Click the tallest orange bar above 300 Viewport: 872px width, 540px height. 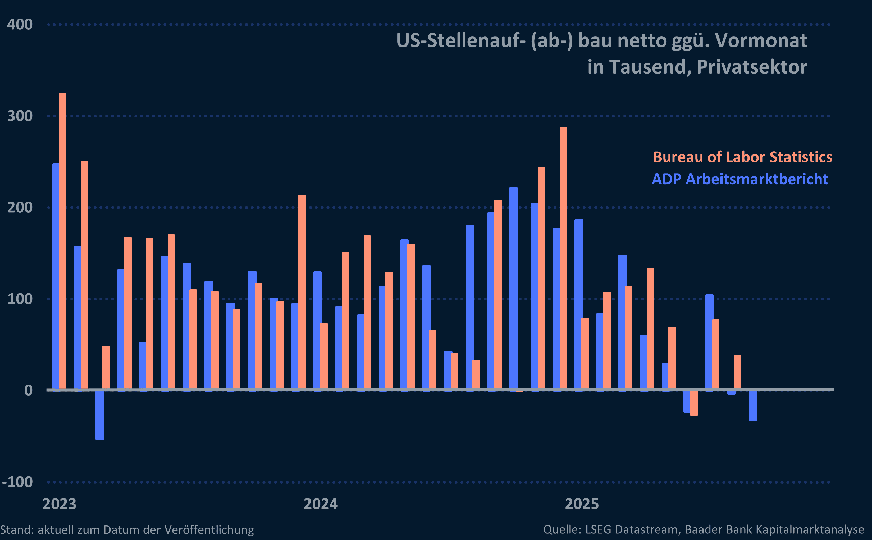point(62,239)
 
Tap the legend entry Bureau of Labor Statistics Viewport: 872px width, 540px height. point(742,157)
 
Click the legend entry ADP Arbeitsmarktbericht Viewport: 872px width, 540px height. point(739,179)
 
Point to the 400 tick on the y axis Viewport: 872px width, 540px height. point(20,25)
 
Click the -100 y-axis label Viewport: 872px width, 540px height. point(17,482)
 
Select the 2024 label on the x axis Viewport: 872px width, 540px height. point(320,504)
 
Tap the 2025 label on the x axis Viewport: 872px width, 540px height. point(581,504)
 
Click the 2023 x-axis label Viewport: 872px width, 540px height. point(59,504)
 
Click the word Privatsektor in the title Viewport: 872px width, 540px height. point(752,67)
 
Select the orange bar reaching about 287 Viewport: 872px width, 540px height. point(563,257)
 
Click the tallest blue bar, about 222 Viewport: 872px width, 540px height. point(513,287)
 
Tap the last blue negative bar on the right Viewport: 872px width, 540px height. point(753,405)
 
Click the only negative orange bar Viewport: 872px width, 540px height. point(694,403)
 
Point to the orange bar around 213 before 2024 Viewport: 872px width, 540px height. point(302,291)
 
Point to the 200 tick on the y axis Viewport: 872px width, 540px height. point(20,208)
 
